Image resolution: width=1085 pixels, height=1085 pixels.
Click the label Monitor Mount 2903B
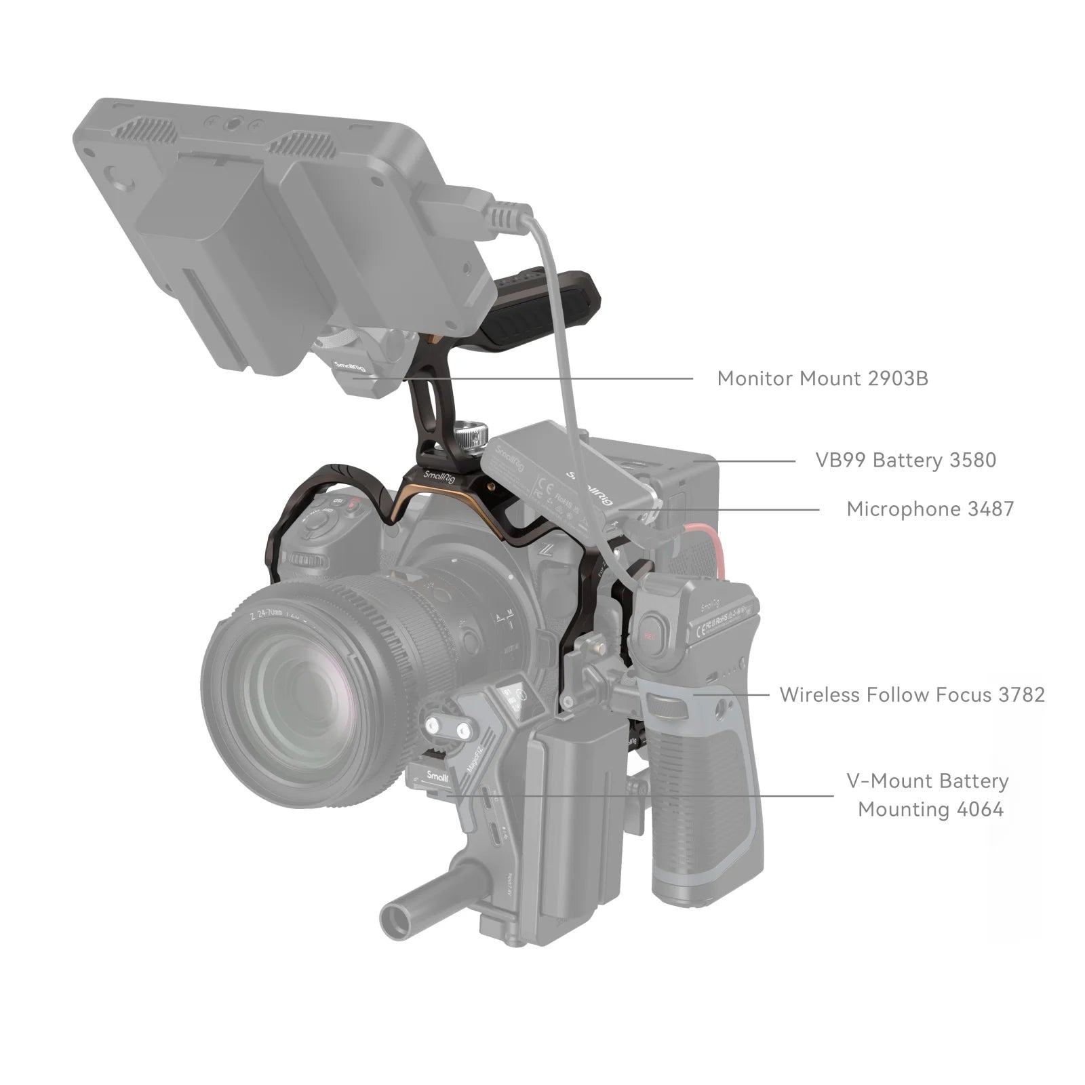point(822,378)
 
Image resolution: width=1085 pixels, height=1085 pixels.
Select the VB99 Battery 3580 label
point(905,460)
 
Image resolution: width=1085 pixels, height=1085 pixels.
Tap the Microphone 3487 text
point(930,509)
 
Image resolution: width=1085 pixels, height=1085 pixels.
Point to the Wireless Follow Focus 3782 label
point(912,695)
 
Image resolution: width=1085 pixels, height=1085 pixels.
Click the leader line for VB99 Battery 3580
point(753,461)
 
